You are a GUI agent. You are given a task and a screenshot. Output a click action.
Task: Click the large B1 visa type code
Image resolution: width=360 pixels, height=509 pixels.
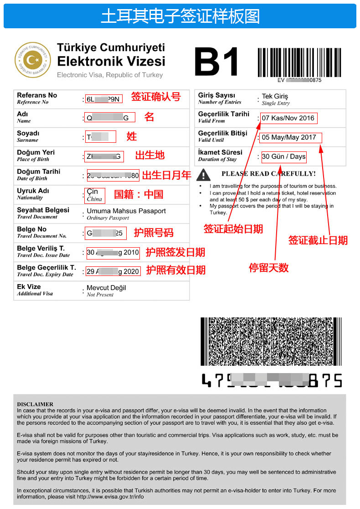216,62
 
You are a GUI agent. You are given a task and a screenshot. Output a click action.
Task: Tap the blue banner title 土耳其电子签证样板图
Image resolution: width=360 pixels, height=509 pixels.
180,16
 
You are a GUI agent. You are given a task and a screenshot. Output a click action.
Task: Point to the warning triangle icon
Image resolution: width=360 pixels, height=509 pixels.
204,174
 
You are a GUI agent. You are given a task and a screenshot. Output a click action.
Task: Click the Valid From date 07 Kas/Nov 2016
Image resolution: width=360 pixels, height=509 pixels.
288,118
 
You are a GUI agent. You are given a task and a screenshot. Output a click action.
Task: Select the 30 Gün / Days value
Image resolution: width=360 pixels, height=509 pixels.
283,156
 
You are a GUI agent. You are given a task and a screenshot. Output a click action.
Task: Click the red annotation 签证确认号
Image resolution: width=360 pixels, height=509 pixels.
156,97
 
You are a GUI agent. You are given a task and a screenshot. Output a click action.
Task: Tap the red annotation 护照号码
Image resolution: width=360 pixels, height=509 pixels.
154,233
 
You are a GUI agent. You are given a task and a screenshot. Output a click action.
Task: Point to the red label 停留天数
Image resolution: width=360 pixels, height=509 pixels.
268,268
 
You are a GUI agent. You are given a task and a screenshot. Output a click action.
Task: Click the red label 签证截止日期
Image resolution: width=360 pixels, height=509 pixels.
318,240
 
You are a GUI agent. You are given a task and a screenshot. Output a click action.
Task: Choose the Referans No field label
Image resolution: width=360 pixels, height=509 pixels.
37,95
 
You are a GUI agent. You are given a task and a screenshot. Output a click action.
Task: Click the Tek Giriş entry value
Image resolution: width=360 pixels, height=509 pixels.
275,97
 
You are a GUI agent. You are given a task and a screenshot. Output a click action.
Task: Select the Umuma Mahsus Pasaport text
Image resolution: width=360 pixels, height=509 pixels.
126,211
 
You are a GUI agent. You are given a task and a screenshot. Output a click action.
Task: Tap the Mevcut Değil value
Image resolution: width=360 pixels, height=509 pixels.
106,288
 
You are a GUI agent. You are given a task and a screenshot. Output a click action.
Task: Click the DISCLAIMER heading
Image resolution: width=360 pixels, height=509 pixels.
35,404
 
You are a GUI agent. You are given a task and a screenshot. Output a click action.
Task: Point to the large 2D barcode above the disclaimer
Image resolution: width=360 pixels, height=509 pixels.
271,341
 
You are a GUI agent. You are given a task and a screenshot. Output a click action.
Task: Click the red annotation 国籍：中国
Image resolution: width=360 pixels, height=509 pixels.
138,194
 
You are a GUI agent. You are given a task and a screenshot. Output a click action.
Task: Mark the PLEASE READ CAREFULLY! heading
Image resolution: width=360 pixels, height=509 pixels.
268,174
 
